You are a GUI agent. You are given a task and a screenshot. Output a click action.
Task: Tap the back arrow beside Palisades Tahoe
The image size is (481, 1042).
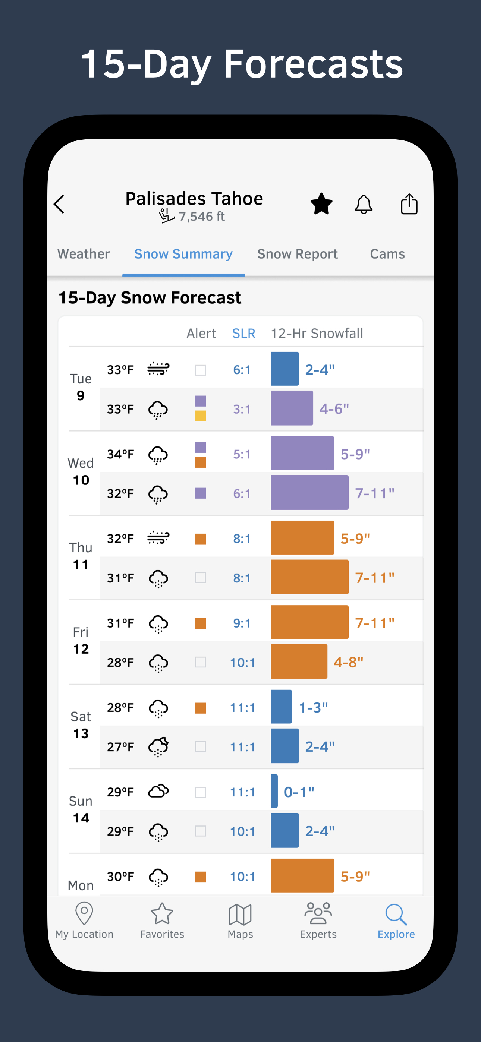[60, 204]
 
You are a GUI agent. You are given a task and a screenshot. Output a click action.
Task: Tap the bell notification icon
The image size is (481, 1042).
[364, 204]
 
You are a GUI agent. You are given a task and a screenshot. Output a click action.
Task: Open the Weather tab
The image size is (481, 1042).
[84, 254]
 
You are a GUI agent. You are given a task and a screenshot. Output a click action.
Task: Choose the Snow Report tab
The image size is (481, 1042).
[297, 254]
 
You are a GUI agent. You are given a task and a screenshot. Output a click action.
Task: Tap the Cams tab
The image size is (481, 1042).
[387, 254]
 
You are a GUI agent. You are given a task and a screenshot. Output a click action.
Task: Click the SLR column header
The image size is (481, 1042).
[243, 333]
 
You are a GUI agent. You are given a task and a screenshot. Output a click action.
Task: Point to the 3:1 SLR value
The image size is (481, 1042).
[242, 409]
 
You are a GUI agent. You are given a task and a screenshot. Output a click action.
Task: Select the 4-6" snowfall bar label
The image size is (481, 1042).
[334, 408]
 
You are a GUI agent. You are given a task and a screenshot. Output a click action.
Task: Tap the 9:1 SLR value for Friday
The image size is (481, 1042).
[242, 623]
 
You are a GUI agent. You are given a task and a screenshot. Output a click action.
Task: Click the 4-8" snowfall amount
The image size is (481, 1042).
[348, 662]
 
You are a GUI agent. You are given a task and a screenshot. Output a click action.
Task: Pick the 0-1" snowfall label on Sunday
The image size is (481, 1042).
[299, 792]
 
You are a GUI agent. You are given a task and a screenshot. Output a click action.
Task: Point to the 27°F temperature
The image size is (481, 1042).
[120, 747]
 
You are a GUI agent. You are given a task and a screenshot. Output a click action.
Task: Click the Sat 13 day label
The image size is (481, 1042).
[81, 725]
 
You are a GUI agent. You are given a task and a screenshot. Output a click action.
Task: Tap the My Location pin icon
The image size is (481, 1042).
[84, 913]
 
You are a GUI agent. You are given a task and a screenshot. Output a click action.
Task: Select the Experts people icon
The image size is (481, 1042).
[318, 913]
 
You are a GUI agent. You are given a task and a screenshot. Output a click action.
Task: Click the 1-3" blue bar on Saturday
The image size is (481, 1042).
[282, 706]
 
